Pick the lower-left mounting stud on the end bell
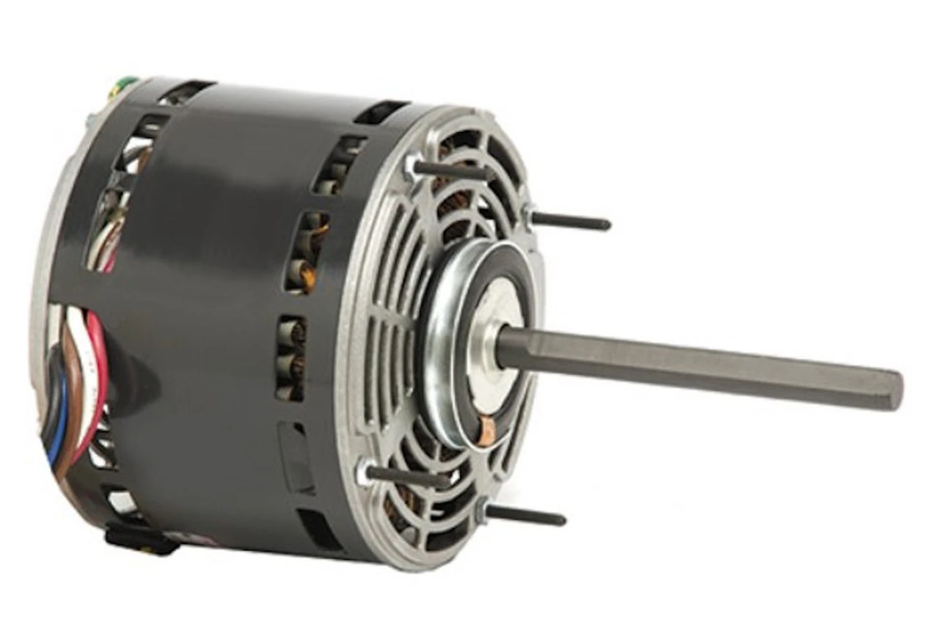407,476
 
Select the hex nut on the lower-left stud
364,470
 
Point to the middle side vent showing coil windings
305,253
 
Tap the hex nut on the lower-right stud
482,508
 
